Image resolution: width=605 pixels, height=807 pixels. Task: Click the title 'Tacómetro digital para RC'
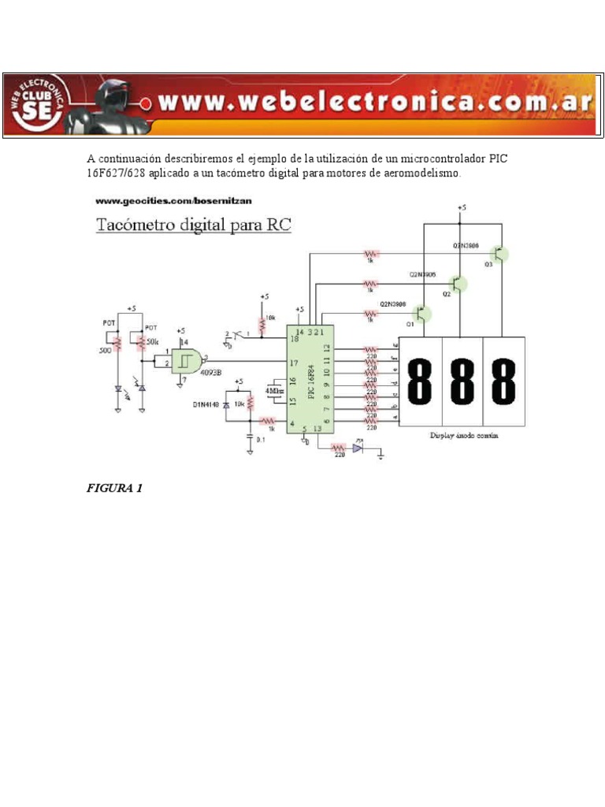[194, 225]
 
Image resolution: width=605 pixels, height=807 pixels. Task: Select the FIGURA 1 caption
[114, 488]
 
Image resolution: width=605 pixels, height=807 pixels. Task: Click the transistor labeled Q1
[422, 314]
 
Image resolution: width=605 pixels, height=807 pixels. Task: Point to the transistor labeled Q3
[499, 254]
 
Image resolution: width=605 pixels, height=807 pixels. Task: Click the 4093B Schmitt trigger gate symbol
[187, 362]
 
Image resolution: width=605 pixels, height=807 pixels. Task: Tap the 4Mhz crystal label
[275, 390]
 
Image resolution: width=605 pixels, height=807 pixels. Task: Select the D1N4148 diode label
[206, 404]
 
